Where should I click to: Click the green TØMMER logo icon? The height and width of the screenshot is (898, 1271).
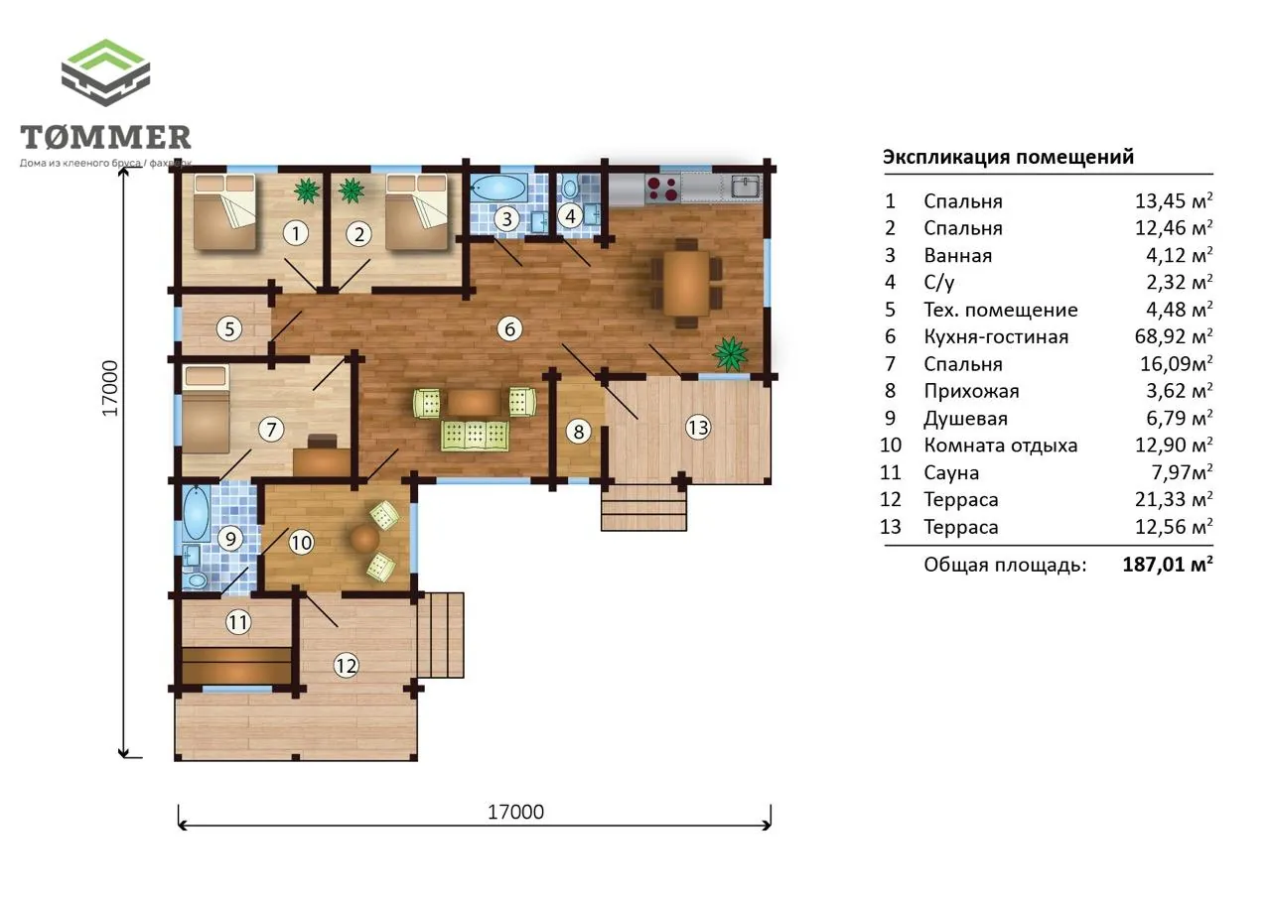tap(105, 72)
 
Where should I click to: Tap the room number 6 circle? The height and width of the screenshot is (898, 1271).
tap(509, 328)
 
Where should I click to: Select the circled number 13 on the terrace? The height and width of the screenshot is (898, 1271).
tap(698, 427)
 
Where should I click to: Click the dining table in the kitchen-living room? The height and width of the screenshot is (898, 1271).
tap(686, 283)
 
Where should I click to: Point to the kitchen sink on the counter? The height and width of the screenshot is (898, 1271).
tap(746, 187)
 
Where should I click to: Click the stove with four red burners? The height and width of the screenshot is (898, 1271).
tap(662, 189)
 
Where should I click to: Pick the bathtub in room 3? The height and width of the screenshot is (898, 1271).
tap(498, 188)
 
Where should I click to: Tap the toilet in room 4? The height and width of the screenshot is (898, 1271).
tap(570, 187)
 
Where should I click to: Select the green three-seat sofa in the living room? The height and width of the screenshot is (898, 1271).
tap(475, 436)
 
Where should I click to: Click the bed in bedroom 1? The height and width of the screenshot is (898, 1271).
tap(224, 212)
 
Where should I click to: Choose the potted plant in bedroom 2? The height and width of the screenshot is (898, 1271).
tap(352, 190)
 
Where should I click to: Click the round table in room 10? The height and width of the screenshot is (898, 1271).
tap(364, 538)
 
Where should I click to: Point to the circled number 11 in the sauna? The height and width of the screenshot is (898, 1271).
tap(238, 622)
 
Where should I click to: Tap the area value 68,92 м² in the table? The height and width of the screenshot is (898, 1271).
tap(1174, 336)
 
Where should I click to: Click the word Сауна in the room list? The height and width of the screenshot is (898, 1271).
tap(951, 472)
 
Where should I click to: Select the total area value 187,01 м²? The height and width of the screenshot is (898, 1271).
tap(1168, 565)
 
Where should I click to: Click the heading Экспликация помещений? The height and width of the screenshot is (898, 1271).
tap(1008, 157)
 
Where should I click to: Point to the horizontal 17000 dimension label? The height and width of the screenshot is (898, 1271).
tap(515, 812)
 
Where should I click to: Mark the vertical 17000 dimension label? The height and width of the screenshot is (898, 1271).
tap(110, 388)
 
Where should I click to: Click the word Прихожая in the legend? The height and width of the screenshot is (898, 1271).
tap(971, 391)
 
